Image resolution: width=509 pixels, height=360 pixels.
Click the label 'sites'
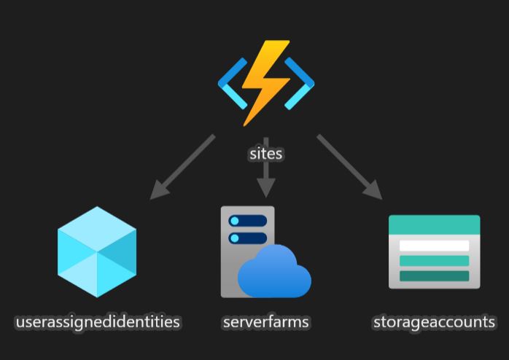[x=265, y=154]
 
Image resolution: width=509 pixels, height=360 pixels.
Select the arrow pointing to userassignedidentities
[x=182, y=167]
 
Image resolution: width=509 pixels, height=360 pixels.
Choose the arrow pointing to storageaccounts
[x=349, y=167]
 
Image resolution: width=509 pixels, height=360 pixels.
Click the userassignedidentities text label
[x=98, y=322]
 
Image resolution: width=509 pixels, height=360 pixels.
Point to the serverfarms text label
[x=266, y=322]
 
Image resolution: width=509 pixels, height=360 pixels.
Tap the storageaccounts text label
[x=434, y=322]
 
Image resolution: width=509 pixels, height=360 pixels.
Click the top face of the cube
[x=97, y=230]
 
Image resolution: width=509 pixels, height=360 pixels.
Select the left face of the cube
[x=77, y=266]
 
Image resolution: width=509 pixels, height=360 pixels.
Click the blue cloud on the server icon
[x=275, y=273]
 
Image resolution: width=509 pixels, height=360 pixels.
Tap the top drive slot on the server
[x=248, y=221]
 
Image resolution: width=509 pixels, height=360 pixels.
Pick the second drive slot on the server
[x=248, y=238]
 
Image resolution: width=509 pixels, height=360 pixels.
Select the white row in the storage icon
[x=434, y=246]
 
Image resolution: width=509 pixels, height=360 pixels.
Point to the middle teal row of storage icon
[x=434, y=261]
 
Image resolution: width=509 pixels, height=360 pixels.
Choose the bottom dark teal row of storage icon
[x=434, y=276]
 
